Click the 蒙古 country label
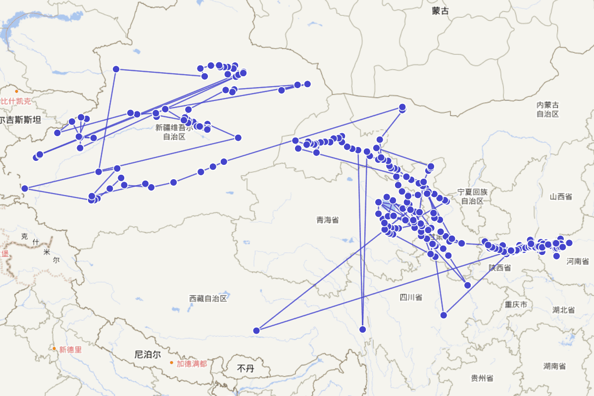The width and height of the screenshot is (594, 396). (x=440, y=11)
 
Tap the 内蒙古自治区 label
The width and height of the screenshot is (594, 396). (x=548, y=109)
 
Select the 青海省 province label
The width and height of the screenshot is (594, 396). (x=328, y=220)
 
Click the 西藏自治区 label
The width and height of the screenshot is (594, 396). (x=208, y=298)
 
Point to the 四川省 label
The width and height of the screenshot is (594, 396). (x=411, y=297)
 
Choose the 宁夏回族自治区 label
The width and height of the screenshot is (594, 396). (x=472, y=196)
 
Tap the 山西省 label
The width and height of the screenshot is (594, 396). (x=560, y=197)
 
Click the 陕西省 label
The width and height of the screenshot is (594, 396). (x=499, y=268)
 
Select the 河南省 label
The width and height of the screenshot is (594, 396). (x=578, y=261)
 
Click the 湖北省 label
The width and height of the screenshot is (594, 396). (x=563, y=310)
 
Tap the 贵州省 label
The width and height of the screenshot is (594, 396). (x=482, y=378)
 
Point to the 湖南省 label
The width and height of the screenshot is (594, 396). (x=554, y=366)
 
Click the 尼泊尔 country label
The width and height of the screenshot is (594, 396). (x=148, y=354)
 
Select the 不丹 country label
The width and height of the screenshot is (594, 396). (x=246, y=368)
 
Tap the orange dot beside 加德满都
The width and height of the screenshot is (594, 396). (x=172, y=363)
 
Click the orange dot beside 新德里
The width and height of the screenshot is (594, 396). (x=54, y=348)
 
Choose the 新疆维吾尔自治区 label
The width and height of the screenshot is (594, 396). (x=174, y=132)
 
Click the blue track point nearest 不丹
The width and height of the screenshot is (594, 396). (x=256, y=331)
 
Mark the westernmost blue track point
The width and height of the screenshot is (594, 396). (x=25, y=188)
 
